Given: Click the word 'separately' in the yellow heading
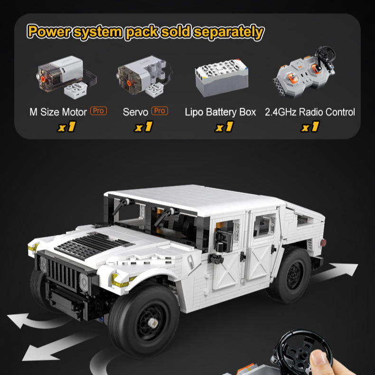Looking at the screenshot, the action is point(228,32).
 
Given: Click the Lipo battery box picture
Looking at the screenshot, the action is point(222,77).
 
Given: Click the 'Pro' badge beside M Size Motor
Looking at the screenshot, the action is point(98,111).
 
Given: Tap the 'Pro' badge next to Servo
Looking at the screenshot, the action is point(159,111).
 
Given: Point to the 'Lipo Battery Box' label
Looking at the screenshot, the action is point(220,112).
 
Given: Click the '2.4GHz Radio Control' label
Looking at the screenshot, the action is point(309,112).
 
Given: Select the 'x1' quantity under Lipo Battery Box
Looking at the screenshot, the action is point(224,127).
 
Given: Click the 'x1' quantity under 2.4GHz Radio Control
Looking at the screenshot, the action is point(310,127).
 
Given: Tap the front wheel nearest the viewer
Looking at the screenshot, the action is point(144,320).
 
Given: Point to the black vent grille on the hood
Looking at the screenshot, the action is point(94,246).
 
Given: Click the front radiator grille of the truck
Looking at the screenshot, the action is point(63,273).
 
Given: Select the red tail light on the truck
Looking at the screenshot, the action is point(323,243).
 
